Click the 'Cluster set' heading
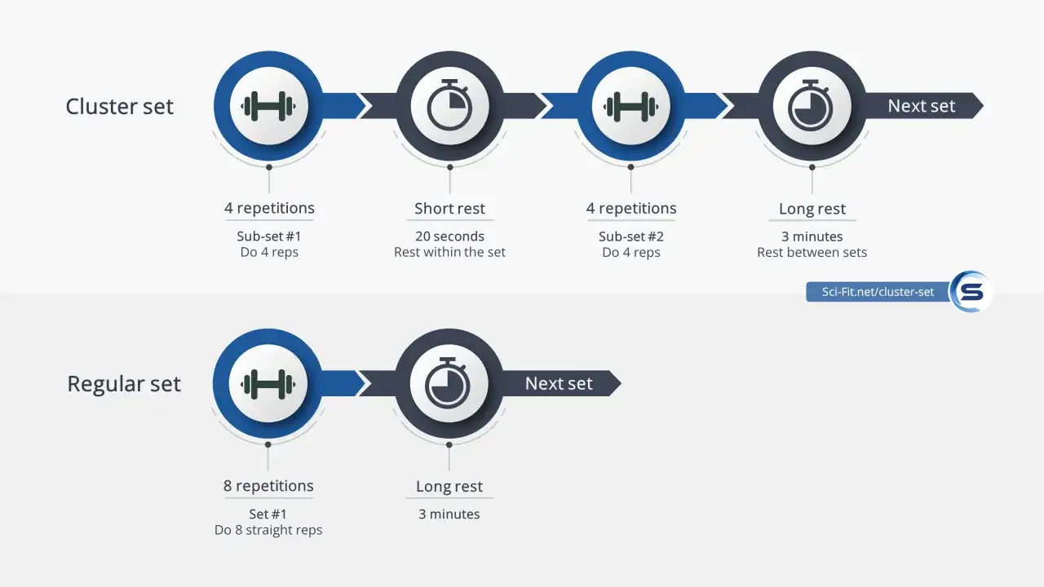pos(119,106)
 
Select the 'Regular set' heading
pos(124,384)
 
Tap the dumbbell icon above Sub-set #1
pos(268,106)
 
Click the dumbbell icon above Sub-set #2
pos(630,106)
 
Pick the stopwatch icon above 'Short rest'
pos(449,105)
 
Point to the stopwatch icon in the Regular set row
pos(448,383)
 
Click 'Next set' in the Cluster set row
pos(922,106)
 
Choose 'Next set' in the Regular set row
pos(559,383)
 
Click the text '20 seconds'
pos(449,236)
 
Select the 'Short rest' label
pos(449,208)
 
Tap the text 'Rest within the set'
pos(449,252)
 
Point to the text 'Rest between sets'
pos(812,252)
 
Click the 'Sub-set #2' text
pos(631,236)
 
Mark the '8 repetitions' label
pos(268,485)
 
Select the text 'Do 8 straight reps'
pos(268,530)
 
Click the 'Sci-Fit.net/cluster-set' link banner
pos(878,292)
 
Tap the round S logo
pos(971,292)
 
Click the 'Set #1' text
pos(268,514)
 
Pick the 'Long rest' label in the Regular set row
pos(449,486)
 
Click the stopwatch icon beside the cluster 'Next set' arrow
pos(811,105)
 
